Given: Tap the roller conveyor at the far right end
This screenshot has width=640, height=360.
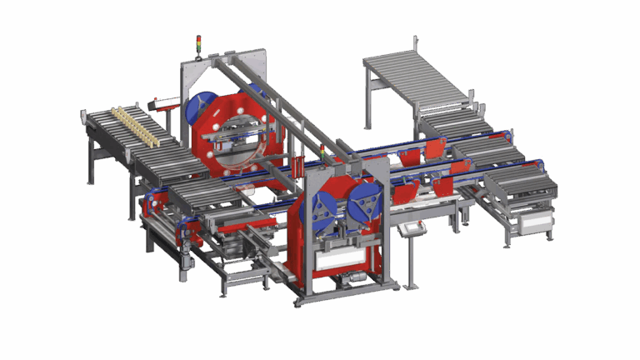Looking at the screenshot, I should (x=520, y=185).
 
